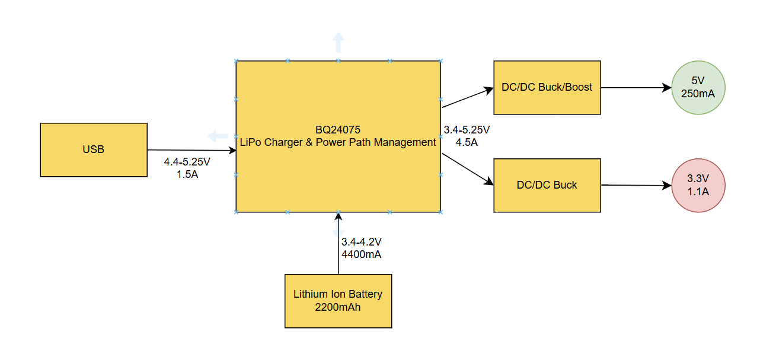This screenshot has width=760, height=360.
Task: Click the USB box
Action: pos(94,149)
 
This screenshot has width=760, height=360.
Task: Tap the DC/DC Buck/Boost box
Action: pos(547,87)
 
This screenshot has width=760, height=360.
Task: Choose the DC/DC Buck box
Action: pos(547,185)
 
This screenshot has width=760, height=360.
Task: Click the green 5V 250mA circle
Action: pos(699,87)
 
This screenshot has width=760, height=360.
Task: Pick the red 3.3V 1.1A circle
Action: pos(699,185)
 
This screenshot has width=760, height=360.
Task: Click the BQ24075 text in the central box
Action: pos(338,129)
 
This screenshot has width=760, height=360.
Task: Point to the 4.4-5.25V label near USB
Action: pos(187,161)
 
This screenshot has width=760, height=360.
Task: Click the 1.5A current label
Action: pos(187,174)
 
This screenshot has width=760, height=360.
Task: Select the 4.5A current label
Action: pos(467,142)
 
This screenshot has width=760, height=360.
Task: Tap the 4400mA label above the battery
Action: pos(361,254)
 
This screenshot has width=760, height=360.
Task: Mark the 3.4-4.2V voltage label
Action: pos(361,242)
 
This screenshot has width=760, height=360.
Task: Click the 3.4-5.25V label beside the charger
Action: pos(467,129)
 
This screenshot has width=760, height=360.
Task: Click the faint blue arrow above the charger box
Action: pos(338,43)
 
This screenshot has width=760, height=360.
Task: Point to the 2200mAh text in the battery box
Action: pos(338,307)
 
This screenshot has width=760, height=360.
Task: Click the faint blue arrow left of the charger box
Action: pos(218,136)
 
